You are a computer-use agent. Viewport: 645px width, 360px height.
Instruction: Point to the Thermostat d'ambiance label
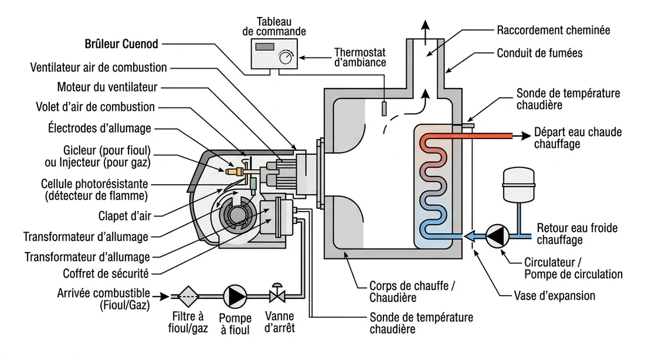click(x=359, y=57)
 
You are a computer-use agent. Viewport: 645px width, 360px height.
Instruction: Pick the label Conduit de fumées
click(x=539, y=53)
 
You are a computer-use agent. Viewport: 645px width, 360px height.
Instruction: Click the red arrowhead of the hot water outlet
click(x=524, y=136)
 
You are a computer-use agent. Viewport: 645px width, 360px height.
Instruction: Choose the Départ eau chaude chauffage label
click(x=578, y=138)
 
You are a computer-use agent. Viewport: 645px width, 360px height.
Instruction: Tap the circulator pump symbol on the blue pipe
click(x=497, y=236)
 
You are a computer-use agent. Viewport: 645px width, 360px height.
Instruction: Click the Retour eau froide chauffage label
click(x=578, y=234)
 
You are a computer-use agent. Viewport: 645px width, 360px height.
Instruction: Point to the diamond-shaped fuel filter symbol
click(x=188, y=296)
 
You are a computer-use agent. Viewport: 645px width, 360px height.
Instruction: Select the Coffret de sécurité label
click(x=106, y=274)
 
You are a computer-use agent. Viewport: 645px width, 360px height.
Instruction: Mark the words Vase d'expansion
click(x=554, y=295)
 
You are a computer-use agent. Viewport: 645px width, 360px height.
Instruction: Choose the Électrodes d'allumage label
click(x=99, y=128)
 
